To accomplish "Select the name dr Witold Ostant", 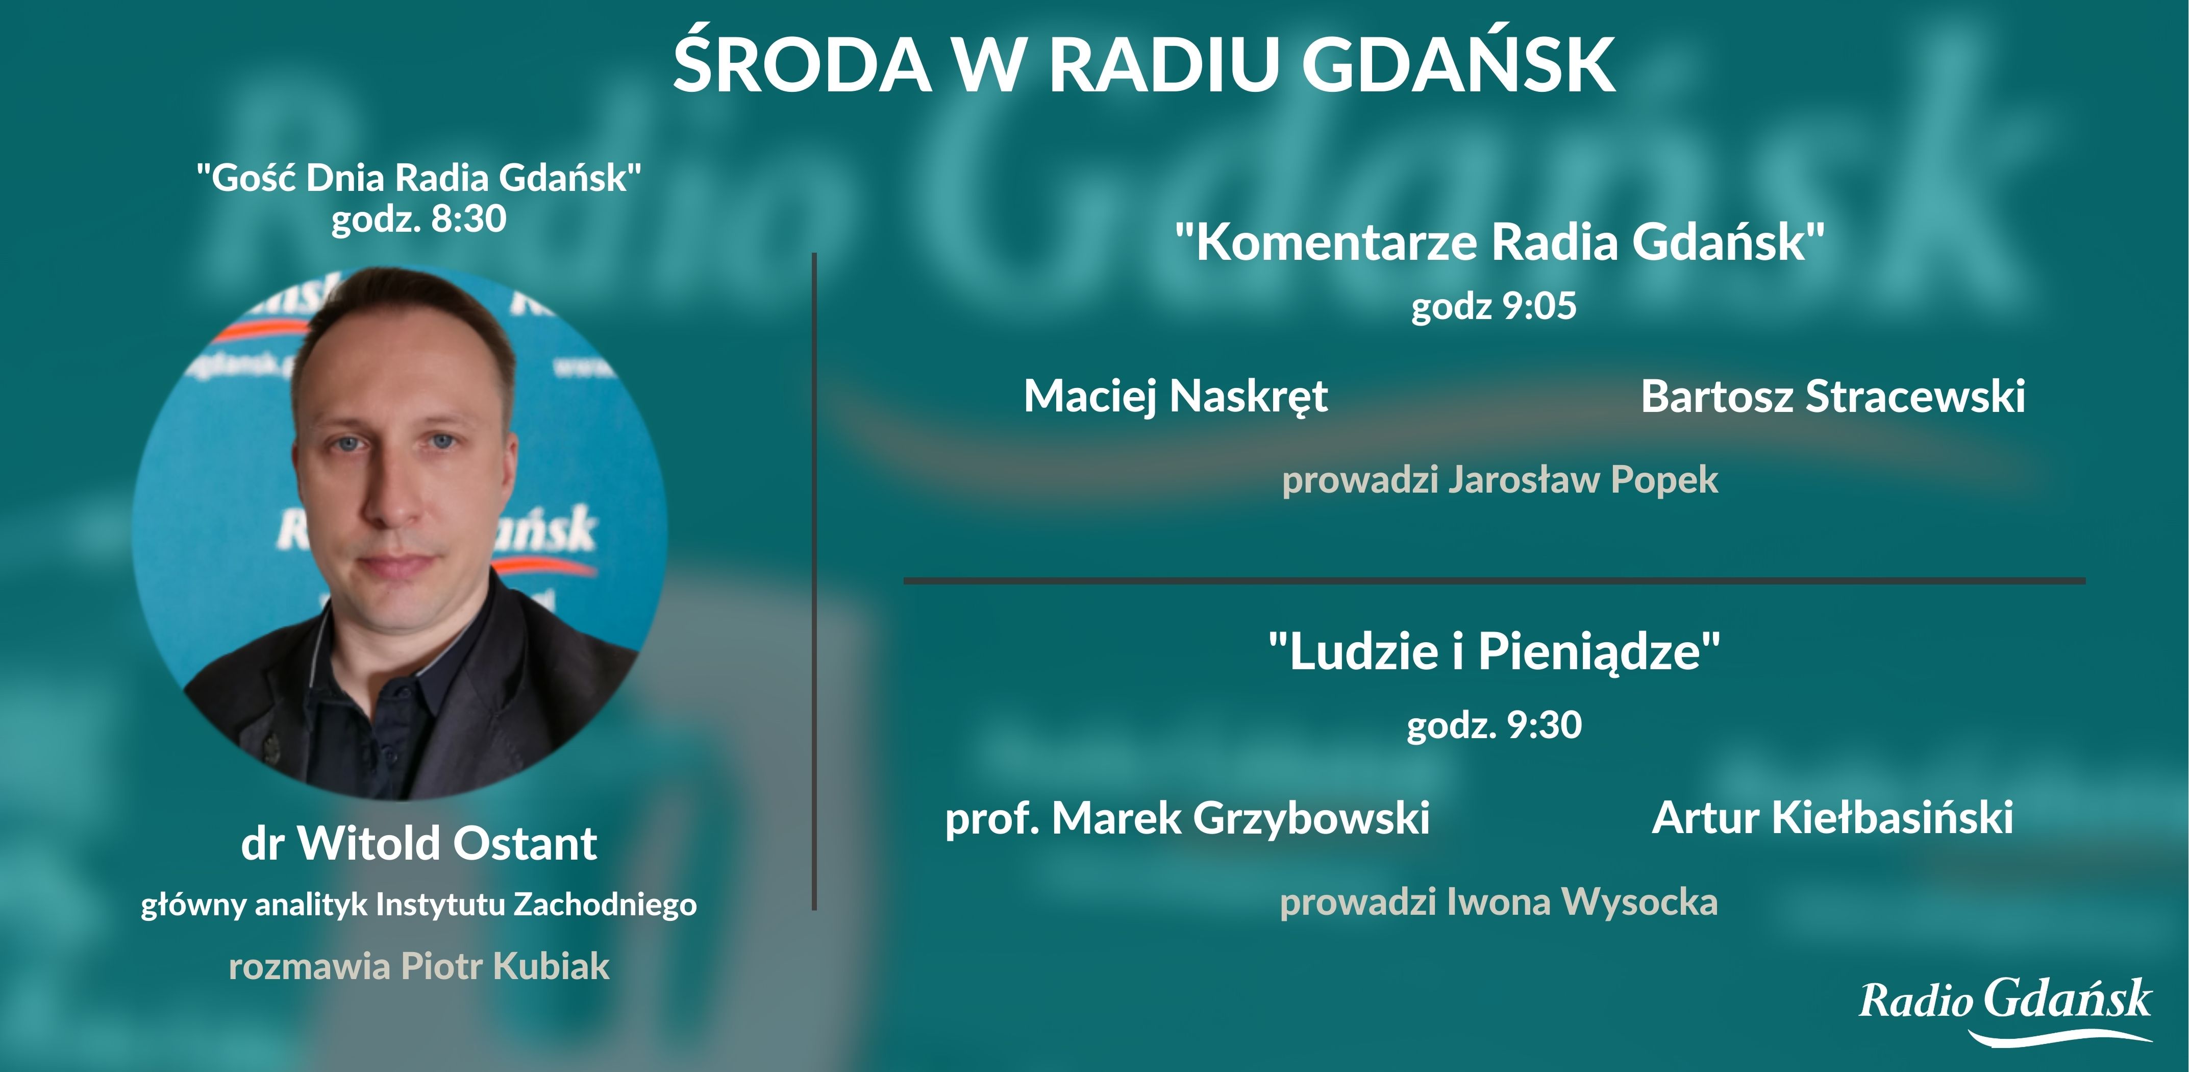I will point(419,844).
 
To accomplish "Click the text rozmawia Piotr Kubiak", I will point(419,966).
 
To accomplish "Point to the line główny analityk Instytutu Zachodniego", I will point(419,905).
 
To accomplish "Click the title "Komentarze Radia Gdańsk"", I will point(1500,242).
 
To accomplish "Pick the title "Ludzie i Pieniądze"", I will point(1495,652).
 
